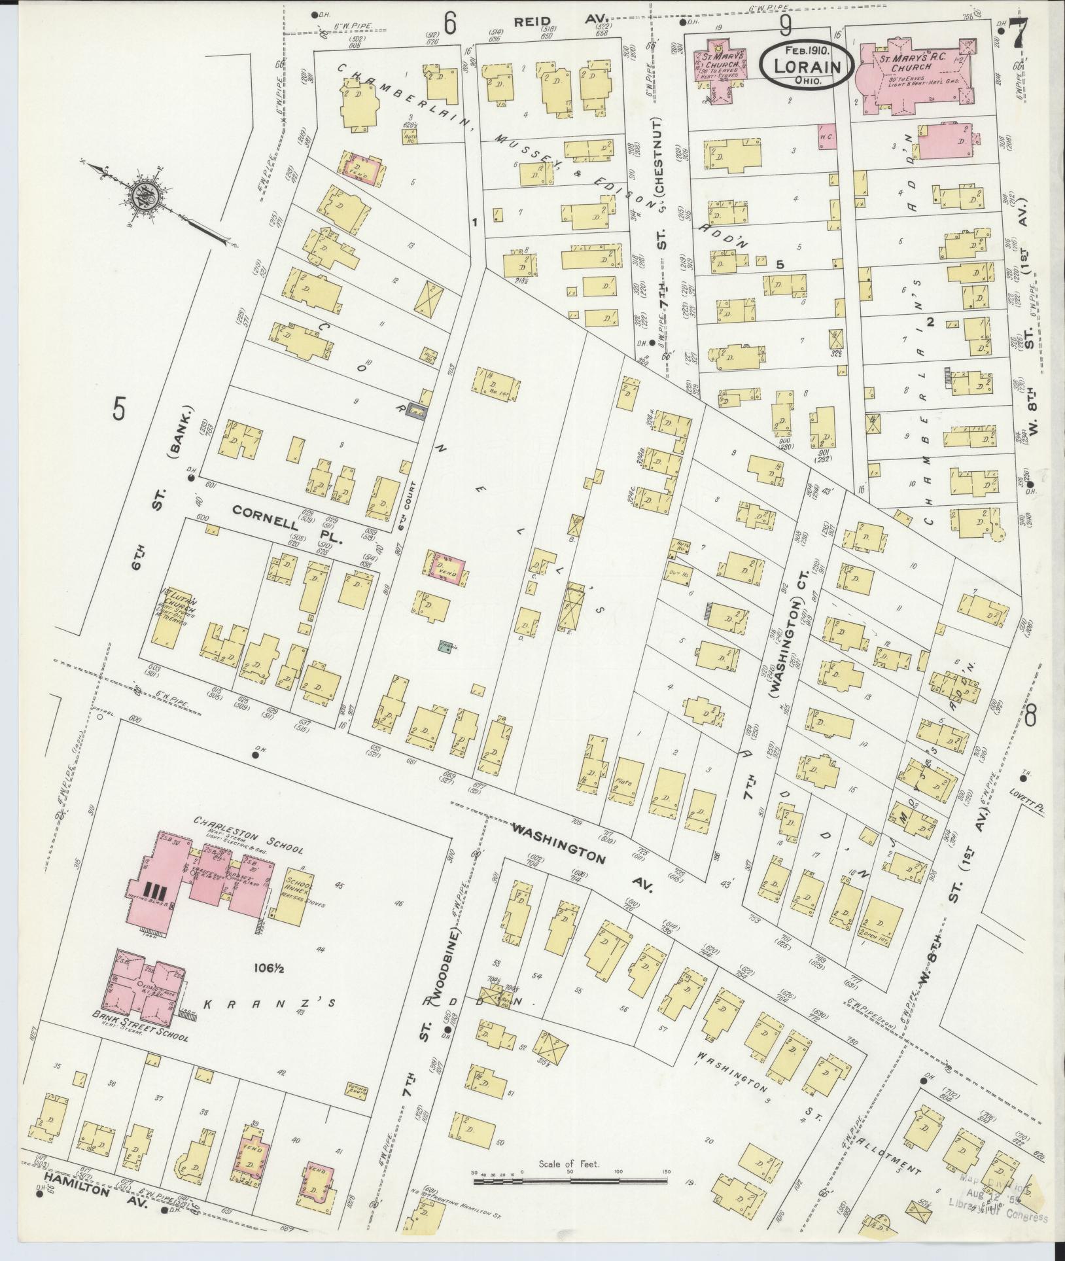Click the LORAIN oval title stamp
coord(806,65)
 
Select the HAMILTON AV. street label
coord(87,1196)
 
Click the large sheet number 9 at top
coord(785,26)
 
